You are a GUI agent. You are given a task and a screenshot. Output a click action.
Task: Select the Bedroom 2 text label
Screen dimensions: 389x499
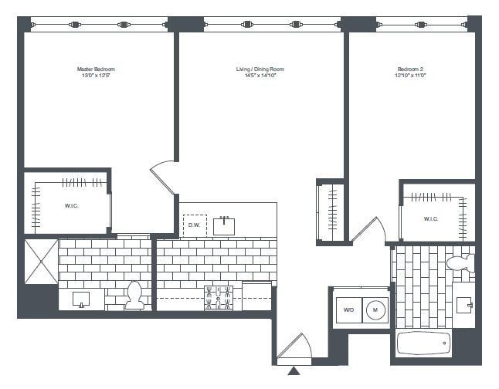coord(411,70)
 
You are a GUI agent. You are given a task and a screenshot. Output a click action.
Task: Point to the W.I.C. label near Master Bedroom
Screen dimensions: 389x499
coord(71,206)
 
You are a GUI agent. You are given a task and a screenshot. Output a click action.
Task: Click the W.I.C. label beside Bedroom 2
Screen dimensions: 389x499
coord(431,218)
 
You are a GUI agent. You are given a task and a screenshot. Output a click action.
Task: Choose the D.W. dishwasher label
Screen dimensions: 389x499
coord(194,225)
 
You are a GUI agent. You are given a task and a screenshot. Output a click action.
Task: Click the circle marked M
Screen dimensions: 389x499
coord(375,310)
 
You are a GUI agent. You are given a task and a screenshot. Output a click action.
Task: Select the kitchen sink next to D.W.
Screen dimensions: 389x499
coord(225,225)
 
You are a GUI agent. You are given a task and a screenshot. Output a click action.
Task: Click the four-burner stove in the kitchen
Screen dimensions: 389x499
coord(218,297)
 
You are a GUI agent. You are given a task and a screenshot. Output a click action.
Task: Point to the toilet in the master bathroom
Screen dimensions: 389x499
coord(135,296)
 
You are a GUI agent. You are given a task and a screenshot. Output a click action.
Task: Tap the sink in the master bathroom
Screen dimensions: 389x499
coord(80,298)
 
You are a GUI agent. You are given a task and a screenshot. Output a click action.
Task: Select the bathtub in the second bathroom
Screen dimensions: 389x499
coord(424,344)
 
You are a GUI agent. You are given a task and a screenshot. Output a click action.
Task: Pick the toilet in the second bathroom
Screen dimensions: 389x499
coord(460,263)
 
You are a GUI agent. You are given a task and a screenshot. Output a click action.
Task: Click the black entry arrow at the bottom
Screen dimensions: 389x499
coord(294,372)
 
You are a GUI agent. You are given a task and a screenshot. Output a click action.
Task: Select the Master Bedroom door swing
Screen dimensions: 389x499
coord(164,175)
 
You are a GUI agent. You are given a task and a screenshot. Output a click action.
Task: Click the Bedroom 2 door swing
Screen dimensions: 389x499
coord(369,229)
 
